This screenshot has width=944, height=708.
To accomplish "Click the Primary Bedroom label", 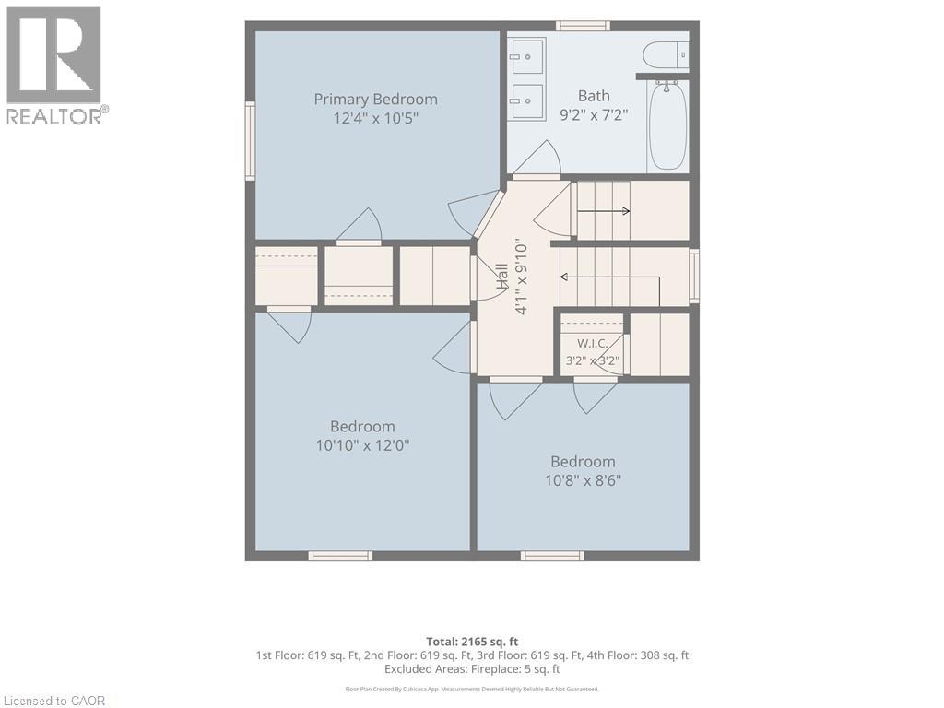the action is click(376, 100).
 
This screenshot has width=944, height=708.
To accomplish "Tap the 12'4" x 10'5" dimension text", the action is click(376, 118).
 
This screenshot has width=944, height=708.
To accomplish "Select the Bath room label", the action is click(594, 96).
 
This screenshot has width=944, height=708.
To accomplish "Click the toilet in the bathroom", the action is click(666, 55).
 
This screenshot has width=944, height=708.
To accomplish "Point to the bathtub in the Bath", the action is click(667, 125).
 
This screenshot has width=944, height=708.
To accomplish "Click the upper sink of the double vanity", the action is click(526, 57).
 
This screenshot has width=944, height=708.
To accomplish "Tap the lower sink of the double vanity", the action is click(526, 102).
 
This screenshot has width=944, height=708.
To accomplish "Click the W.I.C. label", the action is click(593, 344).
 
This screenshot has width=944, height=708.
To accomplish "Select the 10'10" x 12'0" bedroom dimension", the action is click(362, 446).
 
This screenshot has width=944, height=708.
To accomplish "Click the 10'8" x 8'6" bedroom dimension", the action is click(583, 481).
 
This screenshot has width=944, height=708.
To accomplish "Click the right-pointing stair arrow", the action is click(604, 211).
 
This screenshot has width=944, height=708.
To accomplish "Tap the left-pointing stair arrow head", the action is click(564, 277).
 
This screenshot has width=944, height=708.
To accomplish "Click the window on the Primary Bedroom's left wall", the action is click(250, 140).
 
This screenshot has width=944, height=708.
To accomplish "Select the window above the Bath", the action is click(583, 26).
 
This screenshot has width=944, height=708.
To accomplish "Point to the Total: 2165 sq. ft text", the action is click(472, 642).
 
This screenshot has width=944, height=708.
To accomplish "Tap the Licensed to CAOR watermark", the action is click(54, 701).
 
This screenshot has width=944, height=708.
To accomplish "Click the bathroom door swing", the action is click(537, 159).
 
